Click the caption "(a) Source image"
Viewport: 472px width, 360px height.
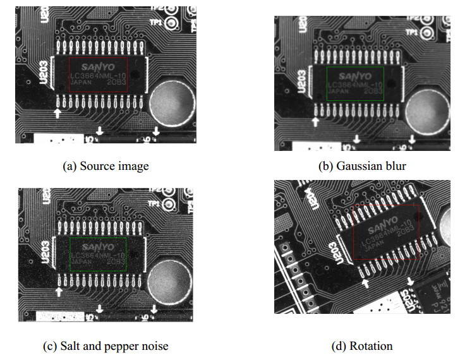click(106, 166)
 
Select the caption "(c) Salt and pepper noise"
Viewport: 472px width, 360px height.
click(114, 345)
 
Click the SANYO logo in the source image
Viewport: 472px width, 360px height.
click(98, 66)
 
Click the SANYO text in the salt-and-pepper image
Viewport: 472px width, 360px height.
click(97, 245)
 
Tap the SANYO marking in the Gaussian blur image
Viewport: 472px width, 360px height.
click(356, 75)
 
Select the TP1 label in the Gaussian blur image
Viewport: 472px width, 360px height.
click(411, 32)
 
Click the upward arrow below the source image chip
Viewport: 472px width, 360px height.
click(58, 113)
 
